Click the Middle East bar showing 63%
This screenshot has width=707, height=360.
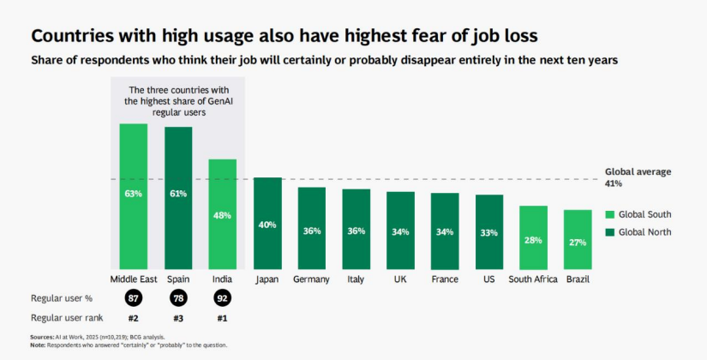(x=133, y=195)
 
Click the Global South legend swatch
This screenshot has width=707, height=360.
(x=610, y=214)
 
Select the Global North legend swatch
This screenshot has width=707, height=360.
(x=610, y=231)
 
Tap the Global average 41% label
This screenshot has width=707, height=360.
(x=638, y=177)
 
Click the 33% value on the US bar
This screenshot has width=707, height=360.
(x=489, y=232)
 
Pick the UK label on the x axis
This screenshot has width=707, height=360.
(x=400, y=279)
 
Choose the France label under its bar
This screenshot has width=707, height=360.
(x=445, y=279)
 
